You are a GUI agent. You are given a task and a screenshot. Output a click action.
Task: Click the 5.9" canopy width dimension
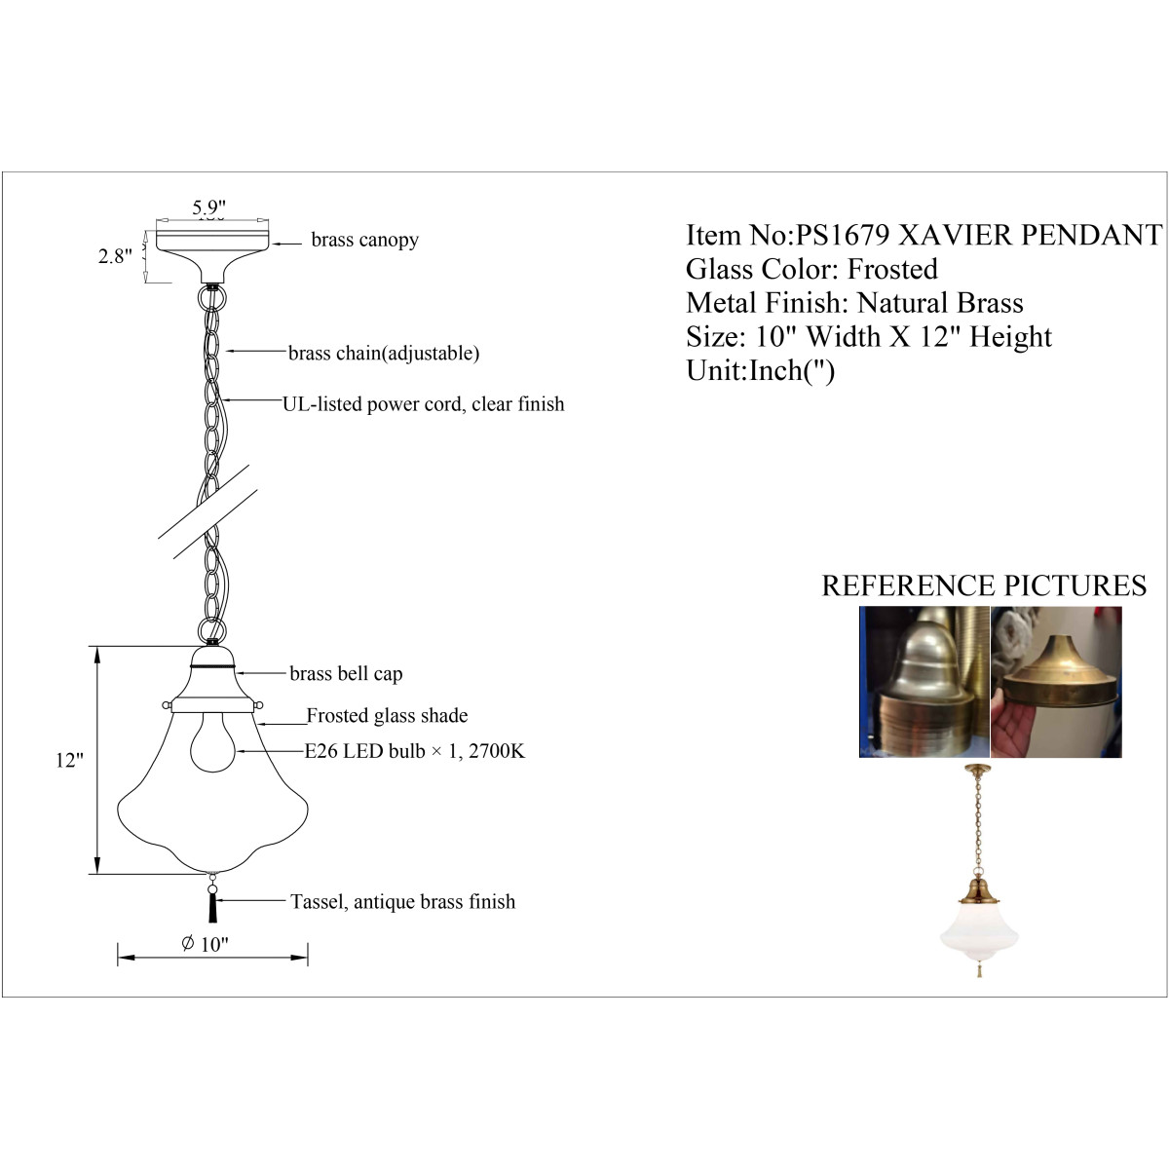coord(209,207)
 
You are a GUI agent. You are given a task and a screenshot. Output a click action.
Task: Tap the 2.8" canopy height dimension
coord(115,256)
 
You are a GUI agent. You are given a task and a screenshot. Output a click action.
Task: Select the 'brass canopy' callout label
coord(364,240)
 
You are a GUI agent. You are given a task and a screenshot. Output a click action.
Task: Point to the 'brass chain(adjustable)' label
coord(384,353)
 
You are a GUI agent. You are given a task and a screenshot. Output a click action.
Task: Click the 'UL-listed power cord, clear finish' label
coord(424,404)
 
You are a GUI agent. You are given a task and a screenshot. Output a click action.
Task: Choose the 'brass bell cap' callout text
coord(346,673)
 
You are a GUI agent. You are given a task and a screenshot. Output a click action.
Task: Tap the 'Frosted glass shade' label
coord(387,715)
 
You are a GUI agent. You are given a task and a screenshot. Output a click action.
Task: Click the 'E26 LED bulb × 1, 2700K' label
coord(414,751)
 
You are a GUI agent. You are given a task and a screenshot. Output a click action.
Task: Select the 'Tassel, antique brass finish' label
coord(402,901)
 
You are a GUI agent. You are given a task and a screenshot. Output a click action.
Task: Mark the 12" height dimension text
coord(70,760)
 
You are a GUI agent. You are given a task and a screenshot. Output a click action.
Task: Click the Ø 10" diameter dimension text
coord(205,944)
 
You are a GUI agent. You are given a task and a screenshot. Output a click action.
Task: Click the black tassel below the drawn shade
coord(213,908)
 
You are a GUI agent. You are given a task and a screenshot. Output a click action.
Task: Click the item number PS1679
coord(843,236)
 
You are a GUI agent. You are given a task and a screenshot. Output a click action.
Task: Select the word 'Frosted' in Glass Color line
coord(891,269)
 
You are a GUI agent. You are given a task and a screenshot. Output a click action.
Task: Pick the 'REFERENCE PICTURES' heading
coord(984,586)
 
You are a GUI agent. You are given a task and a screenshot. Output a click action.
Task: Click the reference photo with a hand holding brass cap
coord(1056,682)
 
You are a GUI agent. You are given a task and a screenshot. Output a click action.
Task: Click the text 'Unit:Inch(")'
coord(760,371)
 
